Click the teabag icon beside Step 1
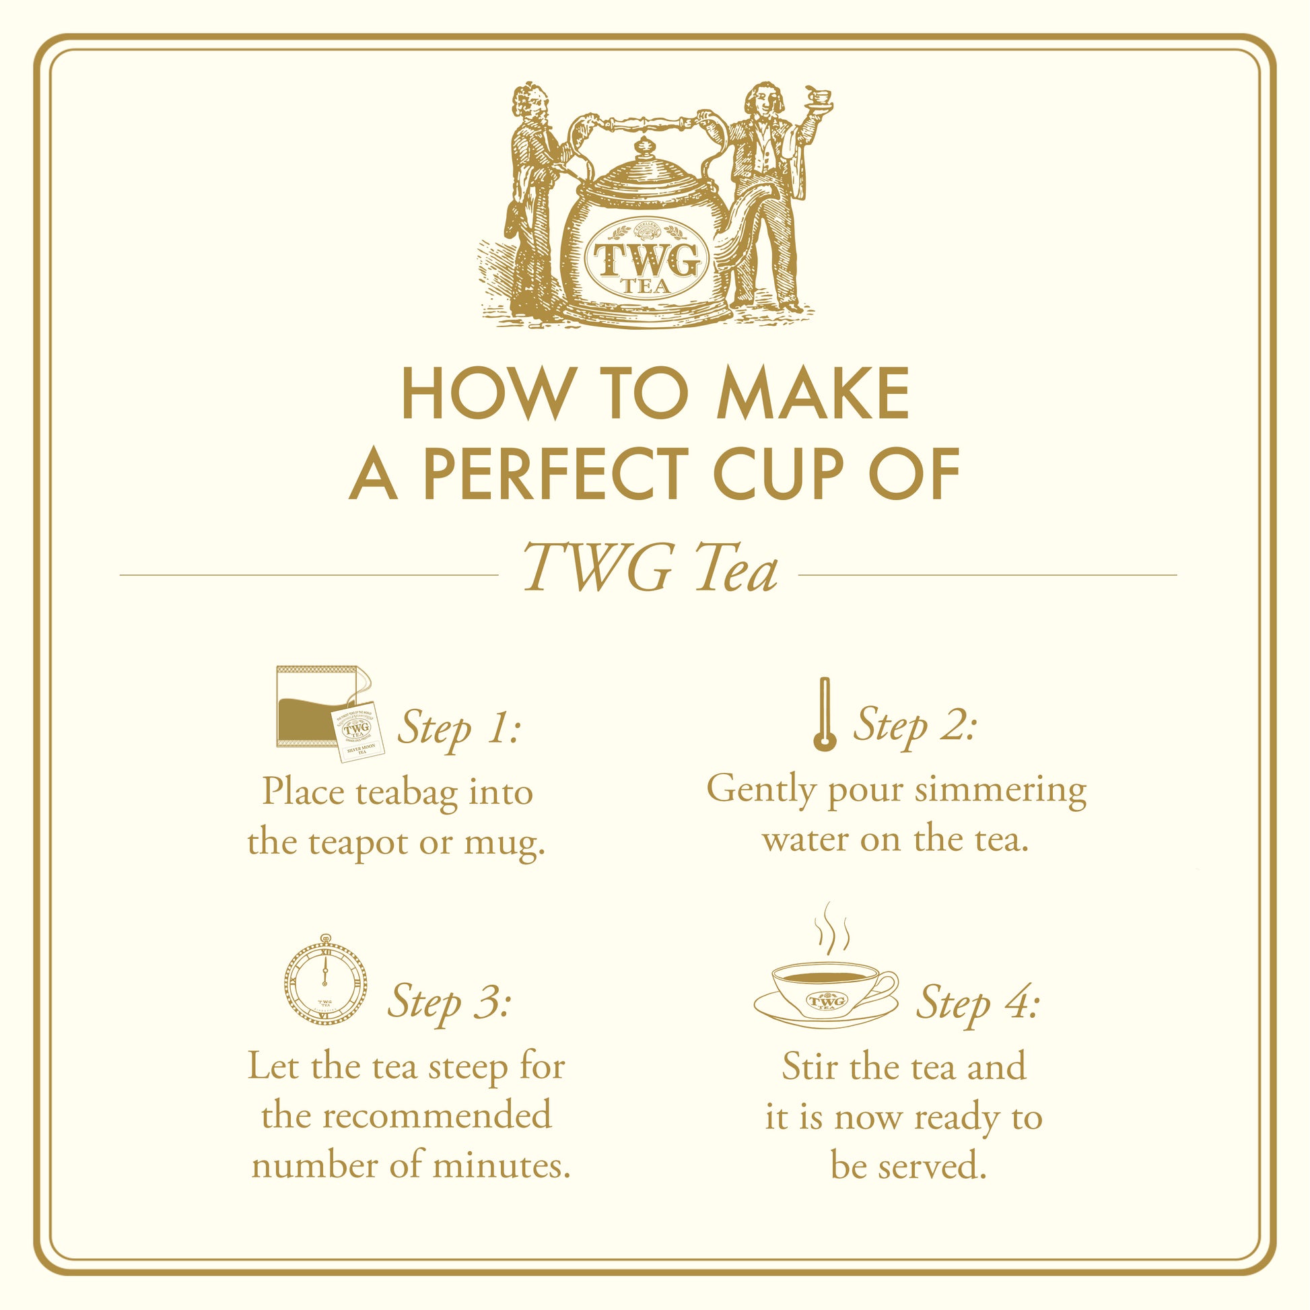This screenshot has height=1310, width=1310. pyautogui.click(x=331, y=714)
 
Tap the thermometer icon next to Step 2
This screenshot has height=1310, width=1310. pyautogui.click(x=824, y=714)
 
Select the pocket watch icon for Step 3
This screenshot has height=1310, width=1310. pyautogui.click(x=325, y=978)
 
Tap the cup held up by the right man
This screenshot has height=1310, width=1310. pyautogui.click(x=819, y=96)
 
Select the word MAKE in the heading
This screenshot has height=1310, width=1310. pyautogui.click(x=813, y=393)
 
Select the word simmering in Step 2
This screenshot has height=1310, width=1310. pyautogui.click(x=1000, y=790)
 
